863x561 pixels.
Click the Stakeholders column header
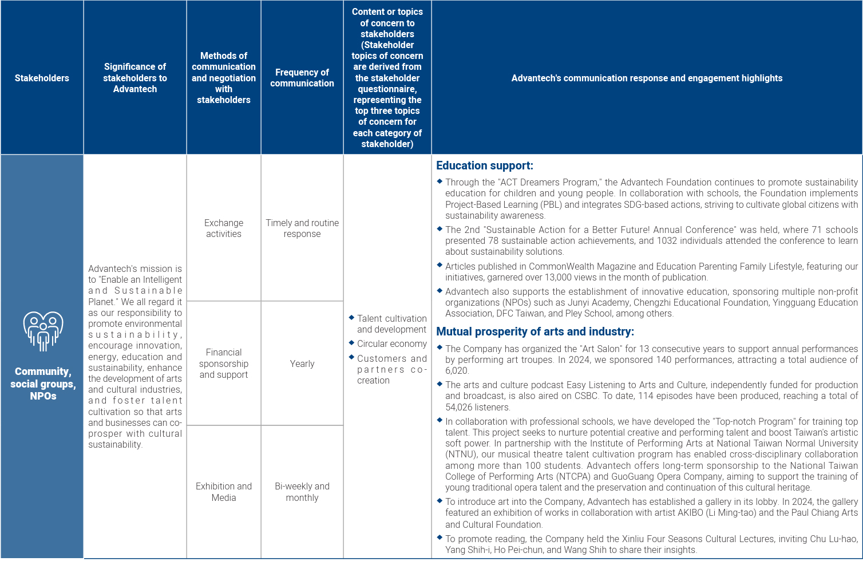[42, 78]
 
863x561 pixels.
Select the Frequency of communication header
[302, 78]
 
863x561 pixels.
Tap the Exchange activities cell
[224, 228]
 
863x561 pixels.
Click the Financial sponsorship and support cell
[224, 364]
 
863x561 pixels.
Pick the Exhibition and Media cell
[224, 492]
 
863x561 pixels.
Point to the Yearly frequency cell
[302, 364]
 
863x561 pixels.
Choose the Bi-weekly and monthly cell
[302, 492]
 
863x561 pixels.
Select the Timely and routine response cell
[302, 228]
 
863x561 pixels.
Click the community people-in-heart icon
[42, 331]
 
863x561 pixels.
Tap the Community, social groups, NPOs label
[42, 384]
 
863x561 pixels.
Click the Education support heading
[484, 165]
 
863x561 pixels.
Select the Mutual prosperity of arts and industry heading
[535, 331]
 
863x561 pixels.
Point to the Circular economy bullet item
[391, 343]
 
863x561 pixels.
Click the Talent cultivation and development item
[391, 323]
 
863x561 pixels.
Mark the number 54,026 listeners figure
[460, 407]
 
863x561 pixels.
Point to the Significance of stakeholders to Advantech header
[135, 78]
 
